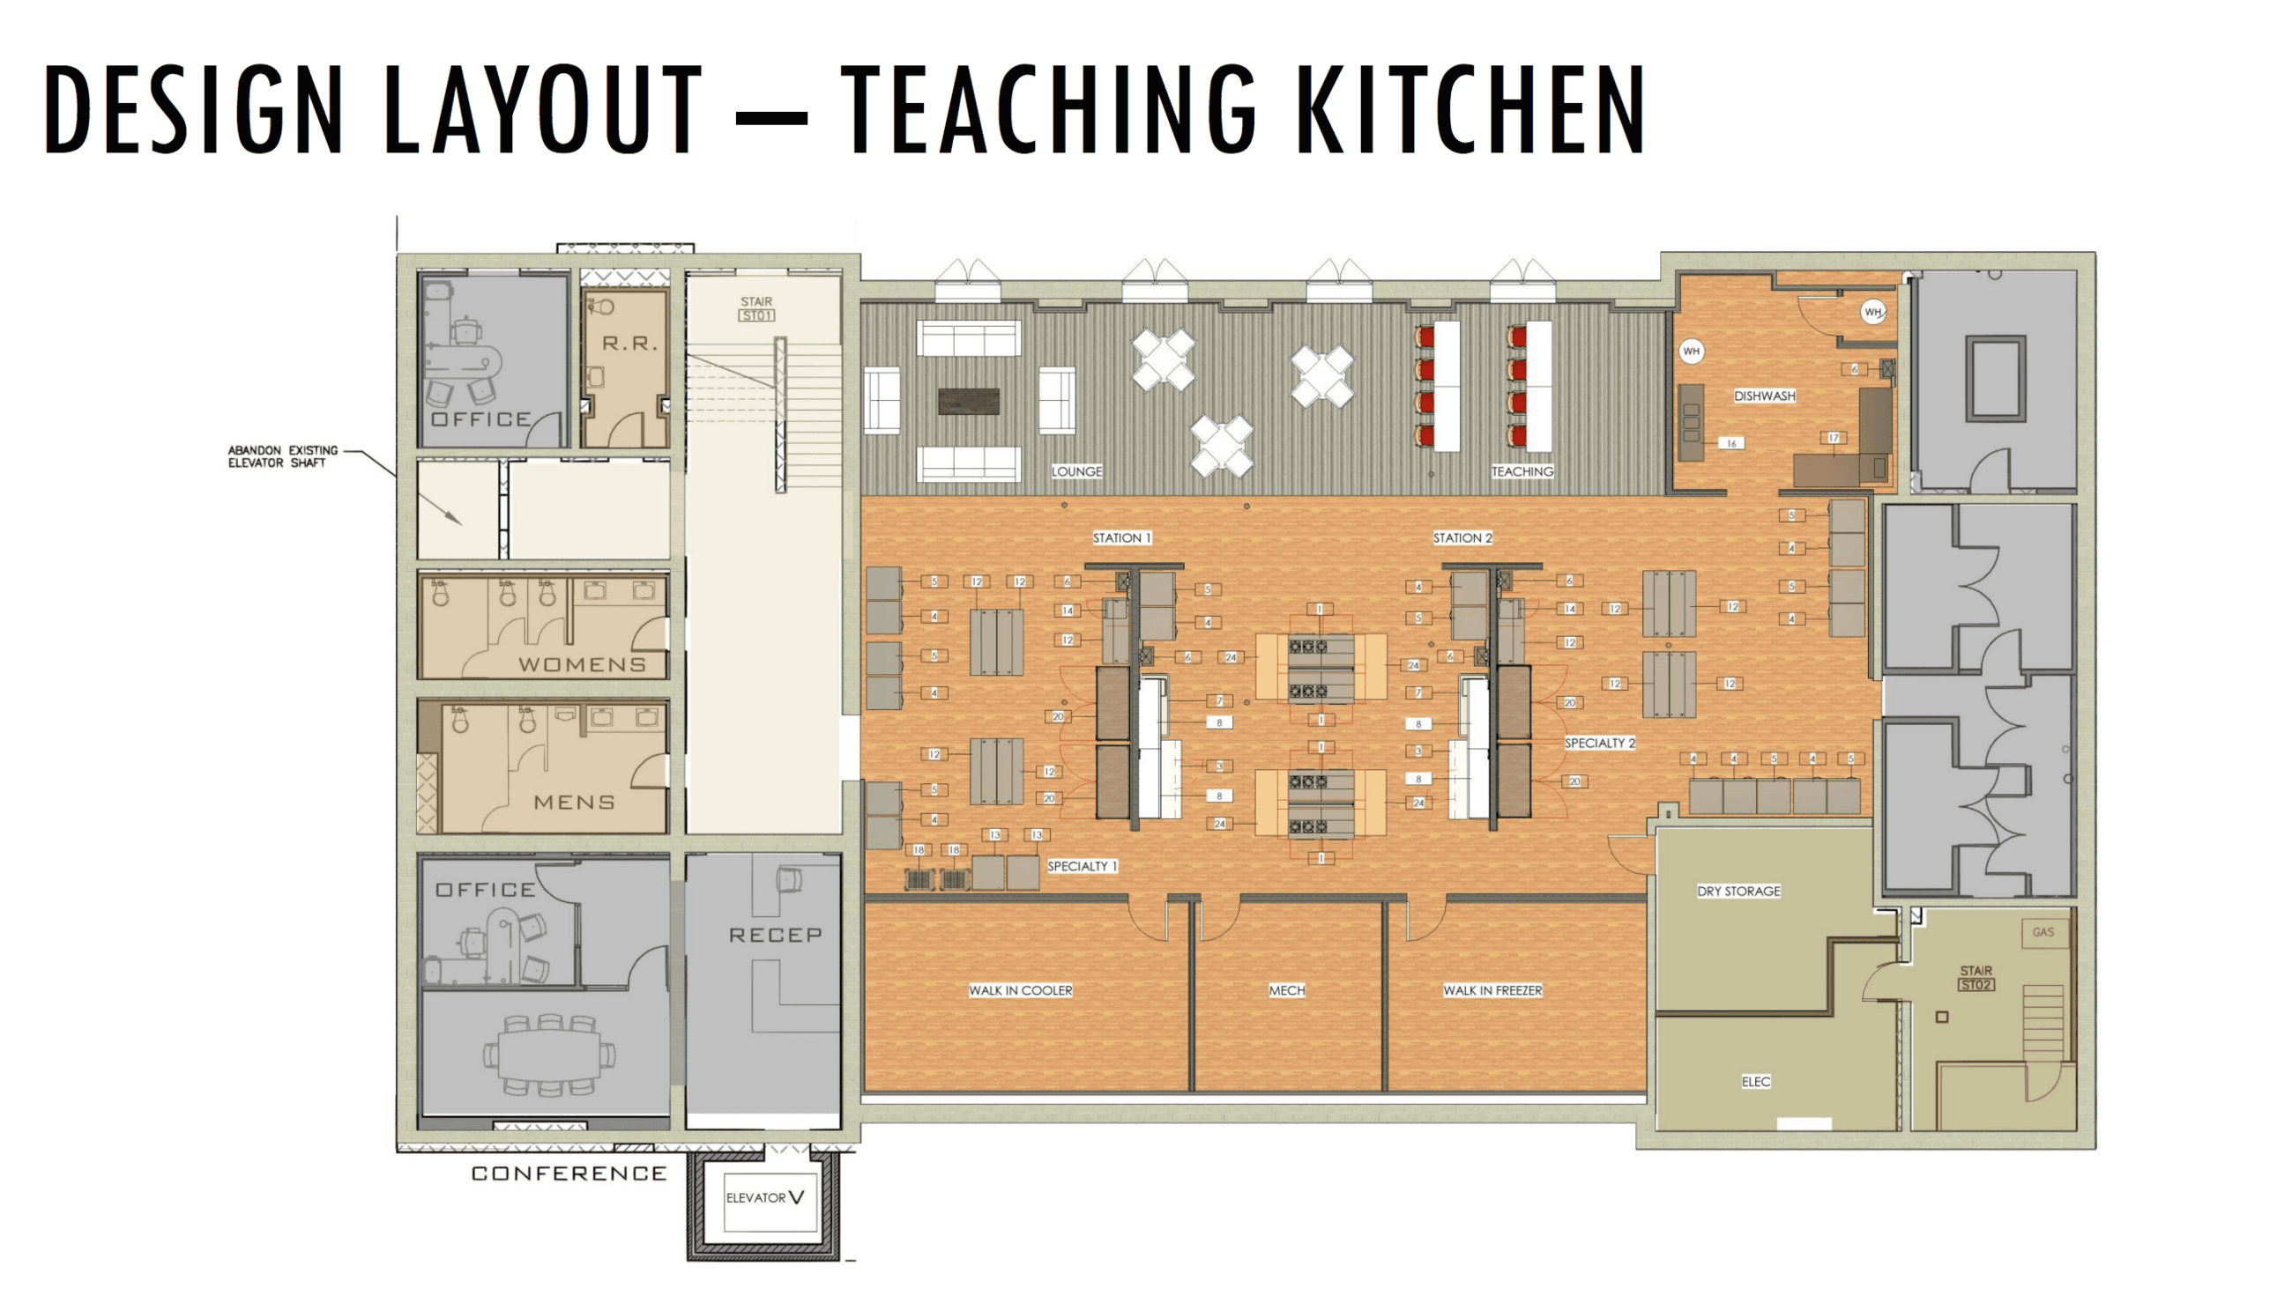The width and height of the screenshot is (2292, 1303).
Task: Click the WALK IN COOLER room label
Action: click(x=1020, y=990)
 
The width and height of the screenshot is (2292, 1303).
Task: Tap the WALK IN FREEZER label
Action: click(x=1492, y=990)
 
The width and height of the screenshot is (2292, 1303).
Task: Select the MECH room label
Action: click(x=1286, y=990)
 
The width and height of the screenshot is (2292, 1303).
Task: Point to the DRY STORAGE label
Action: click(x=1738, y=892)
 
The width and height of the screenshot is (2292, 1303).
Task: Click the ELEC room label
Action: click(x=1755, y=1082)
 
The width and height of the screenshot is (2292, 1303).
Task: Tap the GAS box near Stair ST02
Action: click(x=2043, y=932)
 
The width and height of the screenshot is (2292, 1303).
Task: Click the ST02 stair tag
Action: click(x=1975, y=985)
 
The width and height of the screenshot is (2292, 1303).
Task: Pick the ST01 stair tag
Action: click(x=756, y=316)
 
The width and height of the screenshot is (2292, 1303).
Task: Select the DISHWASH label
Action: click(x=1764, y=396)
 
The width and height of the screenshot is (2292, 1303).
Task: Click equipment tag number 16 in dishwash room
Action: click(x=1731, y=443)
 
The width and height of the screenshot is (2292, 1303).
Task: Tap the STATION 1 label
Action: click(x=1121, y=537)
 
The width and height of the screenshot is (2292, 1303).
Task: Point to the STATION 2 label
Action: click(x=1462, y=537)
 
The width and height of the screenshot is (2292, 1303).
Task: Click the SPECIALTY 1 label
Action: click(x=1082, y=866)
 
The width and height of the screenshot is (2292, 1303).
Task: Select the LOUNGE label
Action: click(x=1076, y=471)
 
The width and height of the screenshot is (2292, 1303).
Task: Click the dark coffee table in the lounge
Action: click(x=968, y=401)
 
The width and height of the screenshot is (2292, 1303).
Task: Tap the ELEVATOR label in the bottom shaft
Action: click(x=755, y=1198)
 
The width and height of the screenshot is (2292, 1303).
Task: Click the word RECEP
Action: click(x=775, y=936)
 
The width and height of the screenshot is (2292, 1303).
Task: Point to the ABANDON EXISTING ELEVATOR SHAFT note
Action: click(x=282, y=456)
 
